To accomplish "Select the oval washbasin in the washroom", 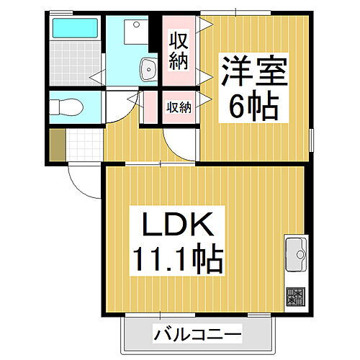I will (x=150, y=70).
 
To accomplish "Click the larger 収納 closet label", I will (x=179, y=50).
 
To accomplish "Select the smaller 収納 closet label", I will (x=179, y=108).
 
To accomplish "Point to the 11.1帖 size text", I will (x=177, y=259).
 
